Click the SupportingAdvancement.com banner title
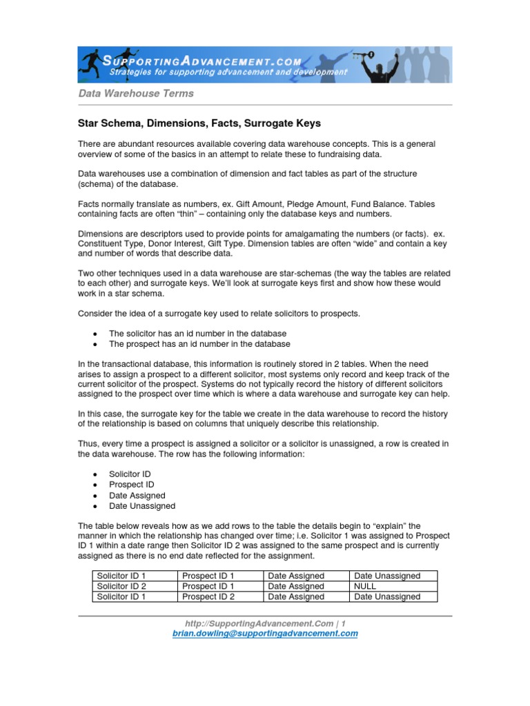click(221, 61)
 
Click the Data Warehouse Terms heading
click(135, 93)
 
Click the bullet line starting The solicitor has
click(197, 333)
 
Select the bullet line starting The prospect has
click(199, 344)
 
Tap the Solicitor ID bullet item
click(130, 474)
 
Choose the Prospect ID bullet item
click(131, 485)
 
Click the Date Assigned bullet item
click(137, 495)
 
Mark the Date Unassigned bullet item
click(142, 506)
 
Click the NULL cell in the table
click(366, 586)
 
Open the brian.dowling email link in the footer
click(265, 634)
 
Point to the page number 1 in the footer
click(343, 623)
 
